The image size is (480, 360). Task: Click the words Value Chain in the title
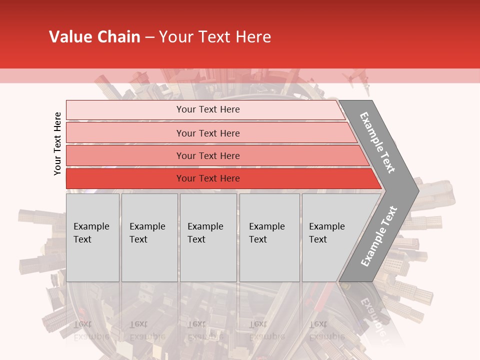[x=94, y=37]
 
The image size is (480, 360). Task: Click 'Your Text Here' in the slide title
[x=215, y=37]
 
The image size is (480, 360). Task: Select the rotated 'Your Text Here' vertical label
[x=57, y=143]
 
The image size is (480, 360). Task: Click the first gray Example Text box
[x=92, y=237]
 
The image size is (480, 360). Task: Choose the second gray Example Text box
[x=149, y=237]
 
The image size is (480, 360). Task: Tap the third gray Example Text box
[x=208, y=237]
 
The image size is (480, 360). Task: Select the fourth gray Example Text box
[x=269, y=237]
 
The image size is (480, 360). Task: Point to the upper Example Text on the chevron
[x=377, y=142]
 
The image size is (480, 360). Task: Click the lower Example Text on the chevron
[x=379, y=236]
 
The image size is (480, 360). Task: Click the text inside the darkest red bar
[x=208, y=178]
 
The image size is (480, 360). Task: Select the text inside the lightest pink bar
[x=208, y=109]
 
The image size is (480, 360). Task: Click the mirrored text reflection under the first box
[x=91, y=330]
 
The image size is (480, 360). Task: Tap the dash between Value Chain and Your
[x=149, y=37]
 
